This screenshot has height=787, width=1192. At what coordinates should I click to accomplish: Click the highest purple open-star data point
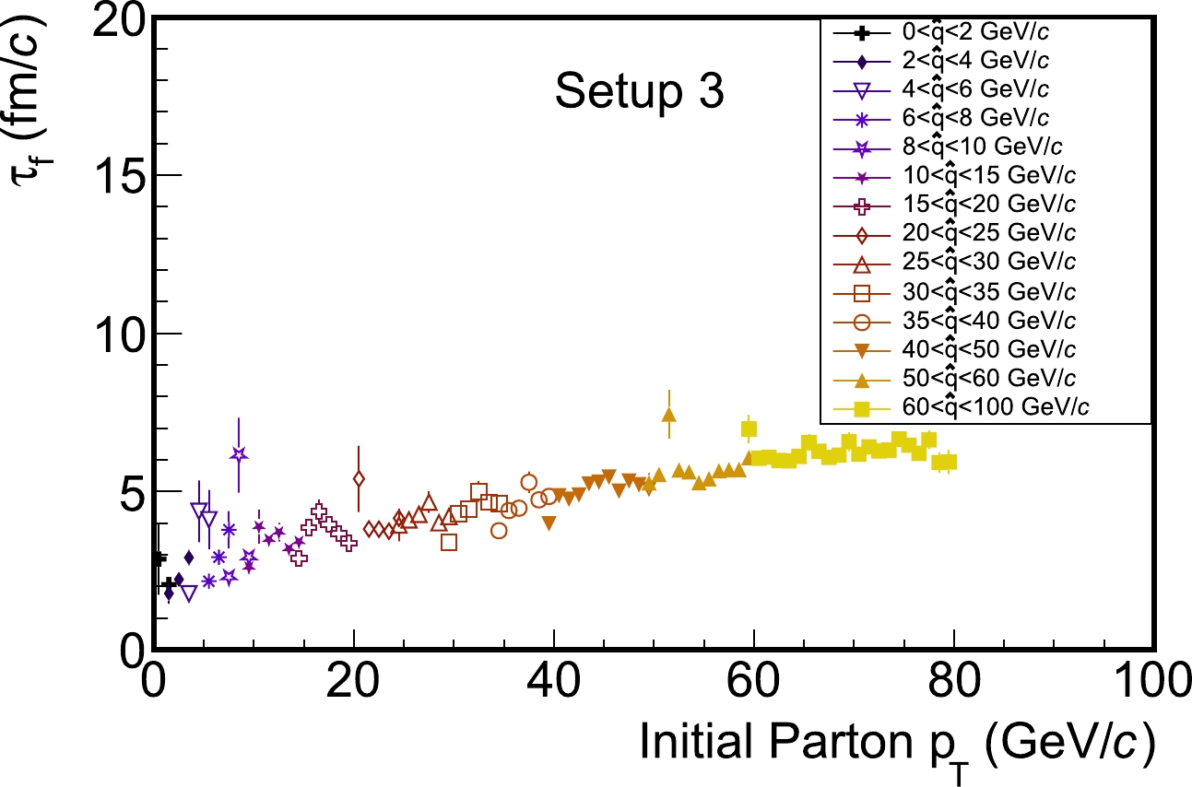point(239,454)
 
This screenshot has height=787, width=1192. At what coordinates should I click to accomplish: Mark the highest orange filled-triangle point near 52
point(669,415)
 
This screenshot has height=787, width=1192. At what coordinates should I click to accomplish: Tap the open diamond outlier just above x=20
point(359,478)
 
